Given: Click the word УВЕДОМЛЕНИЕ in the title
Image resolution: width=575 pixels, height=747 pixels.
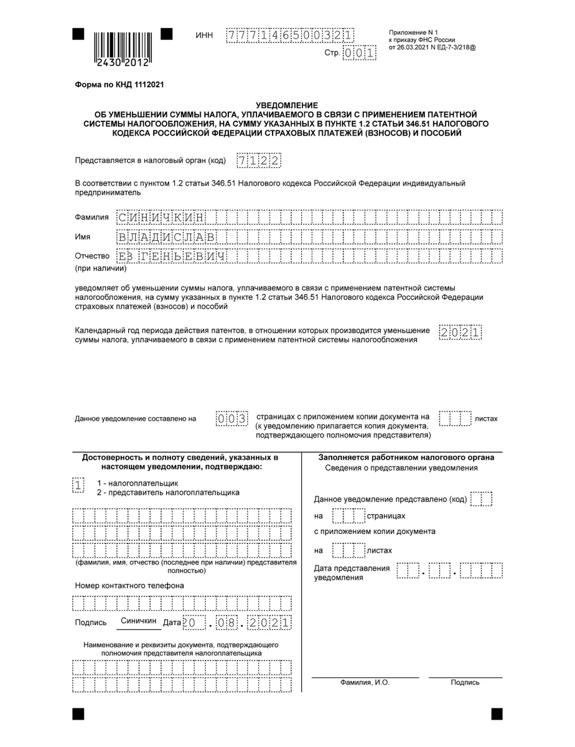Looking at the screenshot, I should (x=287, y=106).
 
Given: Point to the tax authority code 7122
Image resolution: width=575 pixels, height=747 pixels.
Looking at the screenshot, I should (x=259, y=161).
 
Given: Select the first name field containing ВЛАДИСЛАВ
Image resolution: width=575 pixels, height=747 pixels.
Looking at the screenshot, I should (x=166, y=237).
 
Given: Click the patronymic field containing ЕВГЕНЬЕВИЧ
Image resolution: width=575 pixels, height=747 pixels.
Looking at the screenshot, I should (x=171, y=256).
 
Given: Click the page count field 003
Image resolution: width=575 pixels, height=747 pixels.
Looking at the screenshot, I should (x=232, y=418).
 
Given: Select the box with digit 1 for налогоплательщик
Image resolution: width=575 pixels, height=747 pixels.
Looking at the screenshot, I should (x=78, y=486).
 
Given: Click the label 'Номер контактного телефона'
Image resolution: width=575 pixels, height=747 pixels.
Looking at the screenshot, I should (x=129, y=586).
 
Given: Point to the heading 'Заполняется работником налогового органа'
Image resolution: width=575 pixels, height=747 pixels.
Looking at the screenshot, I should (x=406, y=458).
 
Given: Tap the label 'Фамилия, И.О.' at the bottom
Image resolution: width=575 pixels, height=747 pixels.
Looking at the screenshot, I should (x=365, y=682).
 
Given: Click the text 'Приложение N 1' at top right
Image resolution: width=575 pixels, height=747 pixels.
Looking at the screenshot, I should (x=414, y=32).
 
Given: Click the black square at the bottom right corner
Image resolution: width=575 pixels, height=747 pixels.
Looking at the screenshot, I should (x=497, y=713).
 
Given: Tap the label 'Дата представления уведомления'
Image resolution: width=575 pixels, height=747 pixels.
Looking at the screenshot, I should (x=352, y=573).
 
